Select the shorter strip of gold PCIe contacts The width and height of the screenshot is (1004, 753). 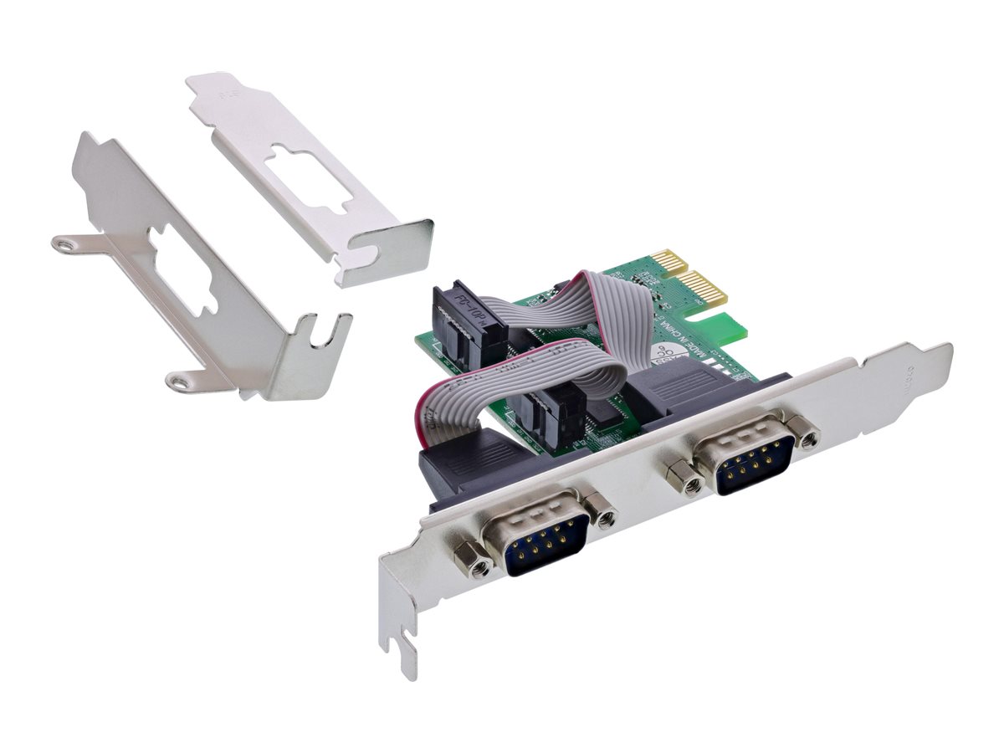pos(669,263)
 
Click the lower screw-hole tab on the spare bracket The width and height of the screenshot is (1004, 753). pos(177,382)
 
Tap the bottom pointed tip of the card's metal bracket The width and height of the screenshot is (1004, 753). pos(407,669)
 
